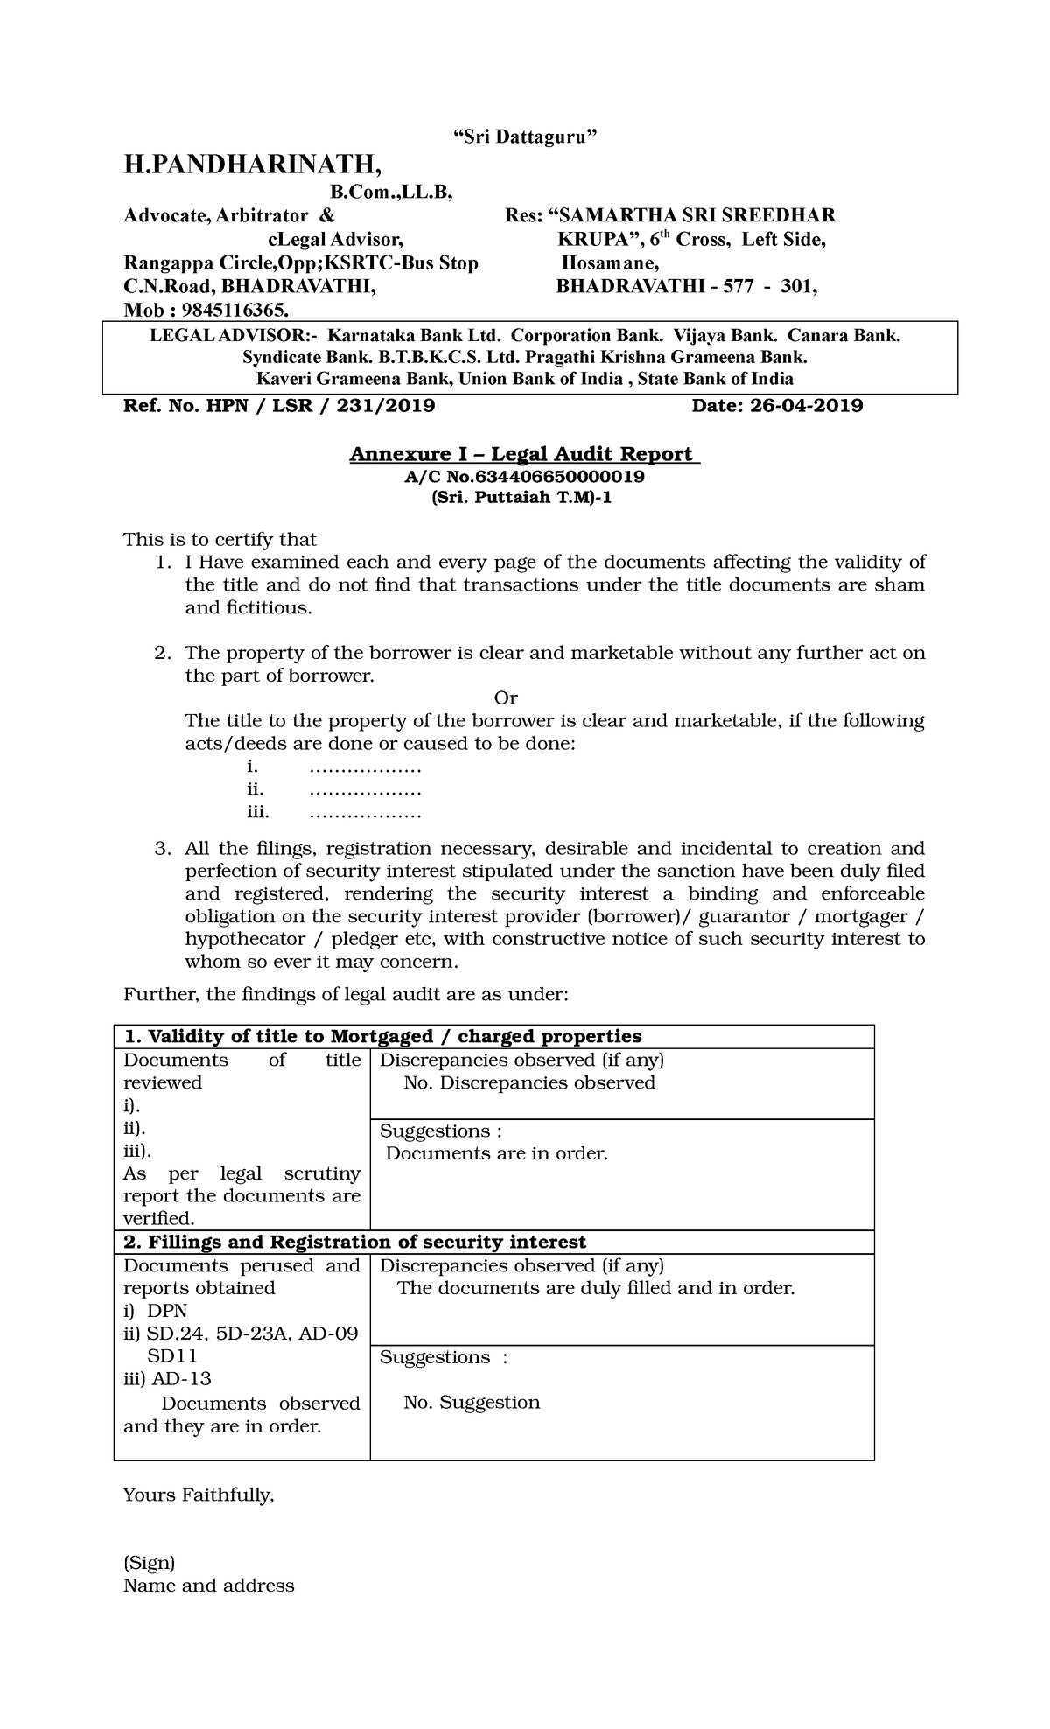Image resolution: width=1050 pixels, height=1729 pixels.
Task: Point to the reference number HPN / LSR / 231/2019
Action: tap(324, 406)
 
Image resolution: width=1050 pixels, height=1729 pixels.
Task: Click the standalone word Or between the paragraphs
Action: tap(506, 698)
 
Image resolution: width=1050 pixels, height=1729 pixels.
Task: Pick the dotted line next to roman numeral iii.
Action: tap(366, 813)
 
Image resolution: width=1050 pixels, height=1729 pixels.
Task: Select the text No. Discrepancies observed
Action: tap(529, 1083)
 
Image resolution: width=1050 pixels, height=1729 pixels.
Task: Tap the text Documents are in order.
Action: tap(496, 1154)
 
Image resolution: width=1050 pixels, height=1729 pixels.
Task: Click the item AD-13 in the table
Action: tap(181, 1379)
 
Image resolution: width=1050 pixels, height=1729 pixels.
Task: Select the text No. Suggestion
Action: tap(472, 1403)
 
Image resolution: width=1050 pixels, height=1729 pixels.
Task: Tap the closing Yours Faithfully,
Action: tap(199, 1495)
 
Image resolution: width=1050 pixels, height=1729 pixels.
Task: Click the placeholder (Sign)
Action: tap(149, 1563)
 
